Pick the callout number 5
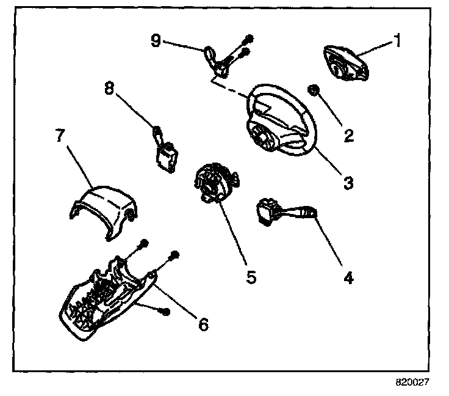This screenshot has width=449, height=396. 251,276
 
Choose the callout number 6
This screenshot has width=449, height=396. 202,324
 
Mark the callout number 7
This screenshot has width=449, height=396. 59,135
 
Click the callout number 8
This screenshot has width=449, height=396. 109,88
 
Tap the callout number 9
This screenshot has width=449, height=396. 156,42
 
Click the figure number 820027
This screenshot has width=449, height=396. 413,384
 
